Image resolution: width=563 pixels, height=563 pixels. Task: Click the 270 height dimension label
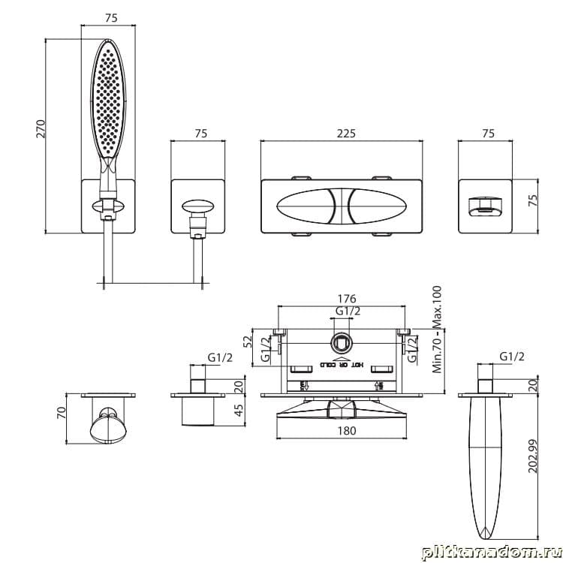(x=42, y=128)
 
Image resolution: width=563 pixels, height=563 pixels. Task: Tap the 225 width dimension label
(x=345, y=134)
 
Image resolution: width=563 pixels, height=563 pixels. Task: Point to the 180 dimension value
(x=345, y=430)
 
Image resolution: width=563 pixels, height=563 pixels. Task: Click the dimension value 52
(x=248, y=342)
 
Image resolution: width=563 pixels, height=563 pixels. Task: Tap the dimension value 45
(x=239, y=410)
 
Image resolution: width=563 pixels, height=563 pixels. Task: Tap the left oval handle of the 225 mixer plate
(x=309, y=206)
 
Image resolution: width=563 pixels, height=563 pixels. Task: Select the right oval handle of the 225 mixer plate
(x=380, y=206)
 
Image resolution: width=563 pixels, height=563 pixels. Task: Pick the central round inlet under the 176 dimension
(x=342, y=344)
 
